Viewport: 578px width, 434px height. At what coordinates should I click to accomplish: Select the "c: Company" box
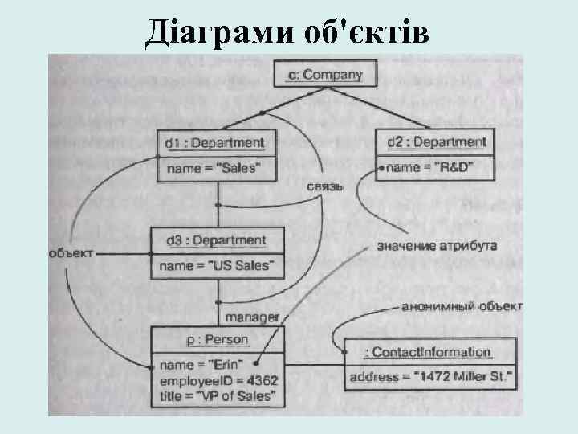pyautogui.click(x=324, y=76)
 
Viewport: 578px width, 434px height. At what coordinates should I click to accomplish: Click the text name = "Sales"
pyautogui.click(x=213, y=168)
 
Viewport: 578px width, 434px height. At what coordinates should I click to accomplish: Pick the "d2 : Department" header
pyautogui.click(x=437, y=143)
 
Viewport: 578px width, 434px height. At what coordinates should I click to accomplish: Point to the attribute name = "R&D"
pyautogui.click(x=430, y=167)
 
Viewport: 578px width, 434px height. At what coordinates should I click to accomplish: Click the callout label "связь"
pyautogui.click(x=324, y=186)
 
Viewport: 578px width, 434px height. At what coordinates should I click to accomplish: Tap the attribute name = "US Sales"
pyautogui.click(x=217, y=265)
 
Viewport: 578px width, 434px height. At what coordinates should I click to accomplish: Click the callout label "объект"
pyautogui.click(x=71, y=252)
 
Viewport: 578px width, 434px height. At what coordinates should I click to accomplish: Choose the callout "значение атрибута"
pyautogui.click(x=437, y=245)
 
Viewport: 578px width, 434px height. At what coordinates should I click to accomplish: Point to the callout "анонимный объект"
pyautogui.click(x=462, y=306)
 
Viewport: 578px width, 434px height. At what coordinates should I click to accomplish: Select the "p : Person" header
pyautogui.click(x=217, y=340)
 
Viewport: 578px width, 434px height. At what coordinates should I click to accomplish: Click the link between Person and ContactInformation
pyautogui.click(x=314, y=364)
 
